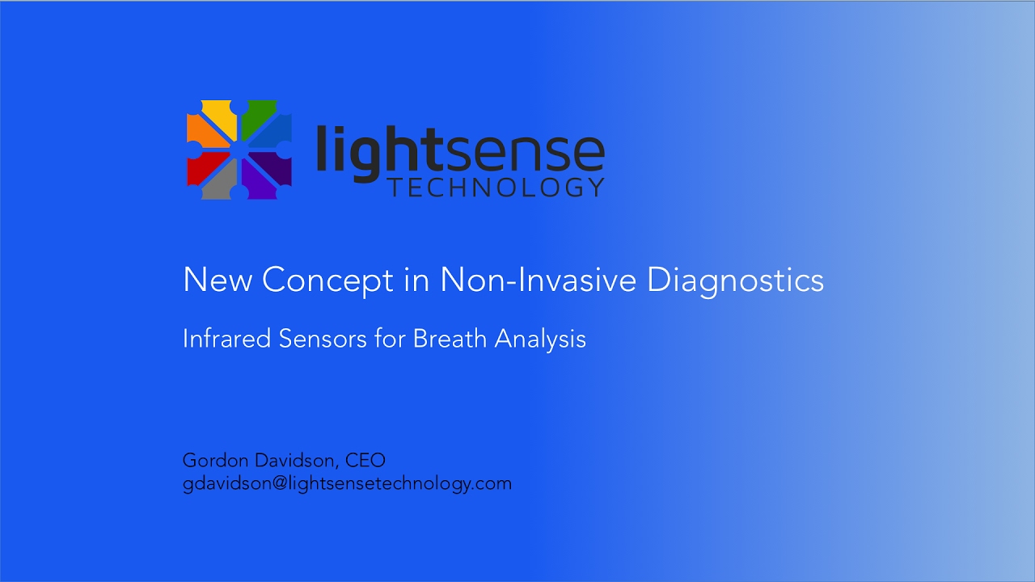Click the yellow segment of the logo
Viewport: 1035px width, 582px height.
tap(218, 116)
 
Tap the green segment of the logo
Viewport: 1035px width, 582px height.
tap(260, 116)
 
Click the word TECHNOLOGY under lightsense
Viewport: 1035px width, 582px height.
tap(496, 188)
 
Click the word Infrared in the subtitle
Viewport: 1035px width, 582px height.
tap(226, 339)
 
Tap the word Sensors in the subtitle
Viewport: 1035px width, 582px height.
tap(323, 339)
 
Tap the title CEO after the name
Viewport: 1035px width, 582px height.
tap(365, 461)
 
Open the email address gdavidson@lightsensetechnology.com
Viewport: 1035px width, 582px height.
tap(347, 484)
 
